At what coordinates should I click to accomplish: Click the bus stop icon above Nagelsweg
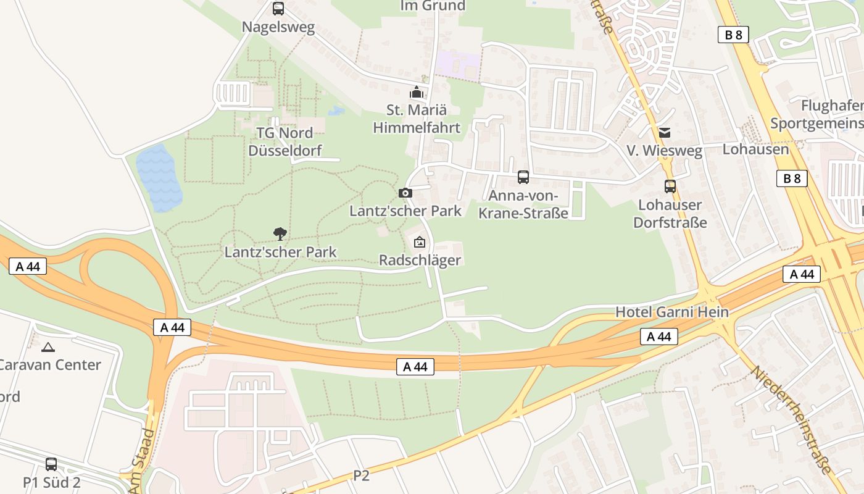pos(278,9)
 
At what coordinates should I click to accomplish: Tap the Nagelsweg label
pos(278,27)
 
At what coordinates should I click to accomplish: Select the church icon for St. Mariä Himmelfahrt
pos(417,93)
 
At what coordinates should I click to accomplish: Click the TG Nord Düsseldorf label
pos(285,141)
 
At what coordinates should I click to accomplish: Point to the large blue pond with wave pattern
pos(159,178)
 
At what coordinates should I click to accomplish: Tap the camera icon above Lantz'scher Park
pos(405,193)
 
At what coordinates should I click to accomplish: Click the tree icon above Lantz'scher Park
pos(280,233)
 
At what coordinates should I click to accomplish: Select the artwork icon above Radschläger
pos(420,241)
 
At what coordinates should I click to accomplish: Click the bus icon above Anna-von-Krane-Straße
pos(523,177)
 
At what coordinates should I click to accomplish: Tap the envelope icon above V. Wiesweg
pos(665,132)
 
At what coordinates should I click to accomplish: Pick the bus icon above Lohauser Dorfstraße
pos(670,186)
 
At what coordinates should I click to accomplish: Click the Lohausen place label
pos(755,149)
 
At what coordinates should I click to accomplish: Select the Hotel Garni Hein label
pos(672,312)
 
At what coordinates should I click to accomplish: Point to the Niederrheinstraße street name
pos(791,420)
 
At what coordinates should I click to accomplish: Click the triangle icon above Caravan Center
pos(48,347)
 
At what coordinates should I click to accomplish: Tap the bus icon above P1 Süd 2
pos(51,464)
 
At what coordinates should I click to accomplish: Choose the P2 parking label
pos(361,475)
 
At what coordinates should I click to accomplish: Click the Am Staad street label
pos(140,461)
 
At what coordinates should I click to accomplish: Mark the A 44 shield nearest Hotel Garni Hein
pos(659,337)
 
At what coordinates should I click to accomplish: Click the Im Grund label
pos(433,6)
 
